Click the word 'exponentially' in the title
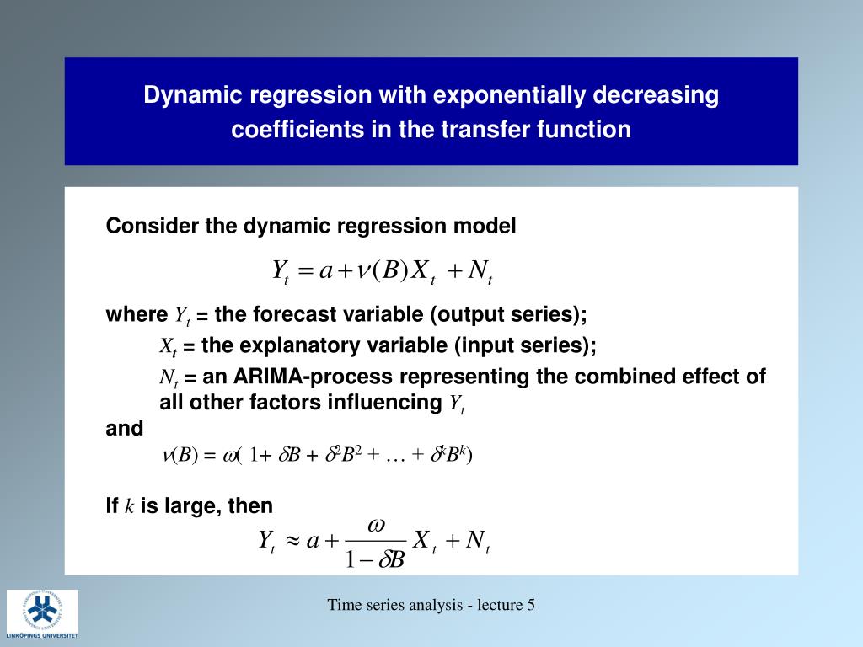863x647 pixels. [x=510, y=95]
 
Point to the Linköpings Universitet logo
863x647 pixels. [x=43, y=614]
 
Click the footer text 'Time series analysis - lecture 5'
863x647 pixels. [x=431, y=605]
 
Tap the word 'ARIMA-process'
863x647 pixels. [x=314, y=376]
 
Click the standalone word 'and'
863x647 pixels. [x=125, y=428]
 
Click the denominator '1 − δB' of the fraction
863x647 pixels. [x=376, y=559]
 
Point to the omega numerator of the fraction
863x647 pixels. [x=376, y=524]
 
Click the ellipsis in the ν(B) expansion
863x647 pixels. [x=394, y=457]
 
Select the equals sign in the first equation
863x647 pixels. [x=306, y=271]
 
